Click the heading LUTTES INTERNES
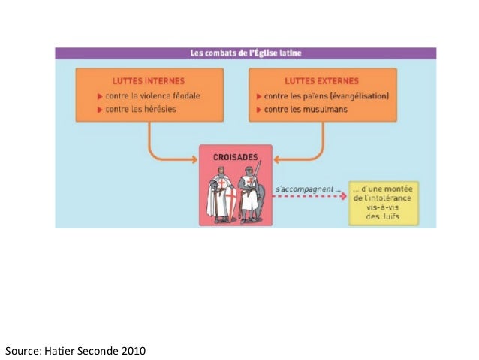click(x=149, y=80)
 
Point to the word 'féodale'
click(x=185, y=96)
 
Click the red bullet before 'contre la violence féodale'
click(x=100, y=96)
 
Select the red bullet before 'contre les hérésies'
click(x=100, y=110)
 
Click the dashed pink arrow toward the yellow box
click(x=312, y=198)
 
